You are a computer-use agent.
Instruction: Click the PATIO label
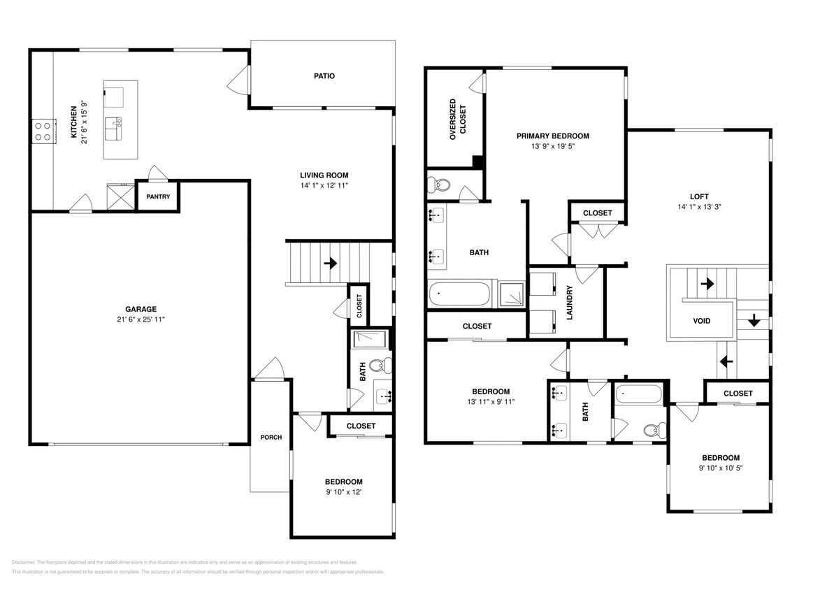pyautogui.click(x=323, y=75)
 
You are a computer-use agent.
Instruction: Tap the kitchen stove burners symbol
pyautogui.click(x=43, y=131)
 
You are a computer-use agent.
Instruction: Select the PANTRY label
pyautogui.click(x=158, y=197)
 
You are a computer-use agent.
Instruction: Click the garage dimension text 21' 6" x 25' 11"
pyautogui.click(x=141, y=319)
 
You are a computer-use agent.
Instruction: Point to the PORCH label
pyautogui.click(x=271, y=438)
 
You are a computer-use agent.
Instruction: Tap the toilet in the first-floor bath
pyautogui.click(x=378, y=364)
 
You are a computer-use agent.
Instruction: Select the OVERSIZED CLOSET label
pyautogui.click(x=457, y=120)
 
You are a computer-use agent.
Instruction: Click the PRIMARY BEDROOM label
pyautogui.click(x=552, y=136)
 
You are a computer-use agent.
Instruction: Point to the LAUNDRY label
pyautogui.click(x=570, y=302)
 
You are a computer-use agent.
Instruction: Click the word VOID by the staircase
pyautogui.click(x=701, y=321)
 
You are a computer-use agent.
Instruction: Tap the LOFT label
pyautogui.click(x=698, y=196)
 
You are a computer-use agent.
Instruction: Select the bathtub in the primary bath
pyautogui.click(x=459, y=294)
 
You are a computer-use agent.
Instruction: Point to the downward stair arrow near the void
pyautogui.click(x=754, y=320)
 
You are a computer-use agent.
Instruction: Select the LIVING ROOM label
pyautogui.click(x=324, y=175)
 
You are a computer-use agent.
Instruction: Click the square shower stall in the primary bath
pyautogui.click(x=512, y=294)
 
